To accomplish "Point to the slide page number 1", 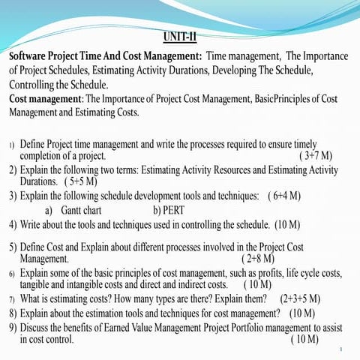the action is (x=340, y=349).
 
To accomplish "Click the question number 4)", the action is (x=13, y=223).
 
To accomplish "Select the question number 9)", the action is (x=13, y=327).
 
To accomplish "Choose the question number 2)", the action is (x=13, y=169).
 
